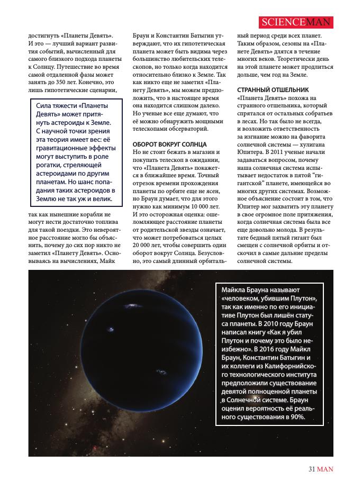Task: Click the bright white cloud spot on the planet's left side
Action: pyautogui.click(x=111, y=330)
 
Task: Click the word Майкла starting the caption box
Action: pyautogui.click(x=233, y=291)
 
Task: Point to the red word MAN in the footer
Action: pyautogui.click(x=325, y=468)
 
